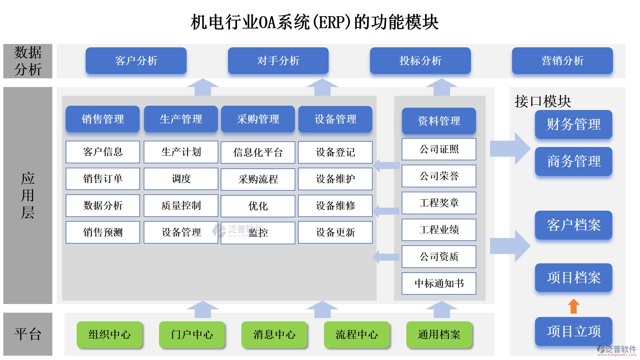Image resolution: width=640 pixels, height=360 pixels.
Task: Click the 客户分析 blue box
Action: (136, 61)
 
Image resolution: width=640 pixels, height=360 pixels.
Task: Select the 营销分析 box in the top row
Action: (562, 61)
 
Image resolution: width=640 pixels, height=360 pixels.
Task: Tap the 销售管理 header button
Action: (103, 119)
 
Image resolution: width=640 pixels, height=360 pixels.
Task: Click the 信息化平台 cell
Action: (258, 152)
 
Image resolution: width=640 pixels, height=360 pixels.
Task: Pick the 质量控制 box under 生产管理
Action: (181, 206)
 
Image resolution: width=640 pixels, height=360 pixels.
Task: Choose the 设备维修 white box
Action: (335, 206)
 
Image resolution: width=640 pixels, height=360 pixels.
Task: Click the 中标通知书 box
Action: (439, 283)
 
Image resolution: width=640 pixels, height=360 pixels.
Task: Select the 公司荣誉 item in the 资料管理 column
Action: (439, 176)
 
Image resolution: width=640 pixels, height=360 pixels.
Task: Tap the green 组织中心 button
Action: (109, 334)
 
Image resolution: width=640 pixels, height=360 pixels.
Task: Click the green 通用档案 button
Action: (439, 334)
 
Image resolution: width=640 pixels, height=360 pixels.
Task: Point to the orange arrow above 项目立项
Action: (573, 306)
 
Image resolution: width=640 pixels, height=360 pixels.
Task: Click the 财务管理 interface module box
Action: (573, 124)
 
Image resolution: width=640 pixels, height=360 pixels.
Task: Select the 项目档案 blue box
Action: (573, 277)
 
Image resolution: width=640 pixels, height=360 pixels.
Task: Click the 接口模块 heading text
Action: (543, 101)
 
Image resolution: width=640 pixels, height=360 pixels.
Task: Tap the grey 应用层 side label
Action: (28, 195)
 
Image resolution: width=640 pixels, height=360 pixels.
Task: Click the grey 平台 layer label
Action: (28, 334)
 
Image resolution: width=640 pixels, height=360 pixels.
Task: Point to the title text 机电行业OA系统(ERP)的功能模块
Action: (314, 22)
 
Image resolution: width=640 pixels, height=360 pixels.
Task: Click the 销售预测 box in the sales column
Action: (103, 232)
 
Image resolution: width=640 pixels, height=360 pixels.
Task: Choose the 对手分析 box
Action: (278, 61)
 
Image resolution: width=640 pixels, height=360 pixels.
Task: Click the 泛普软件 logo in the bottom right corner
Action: (617, 350)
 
